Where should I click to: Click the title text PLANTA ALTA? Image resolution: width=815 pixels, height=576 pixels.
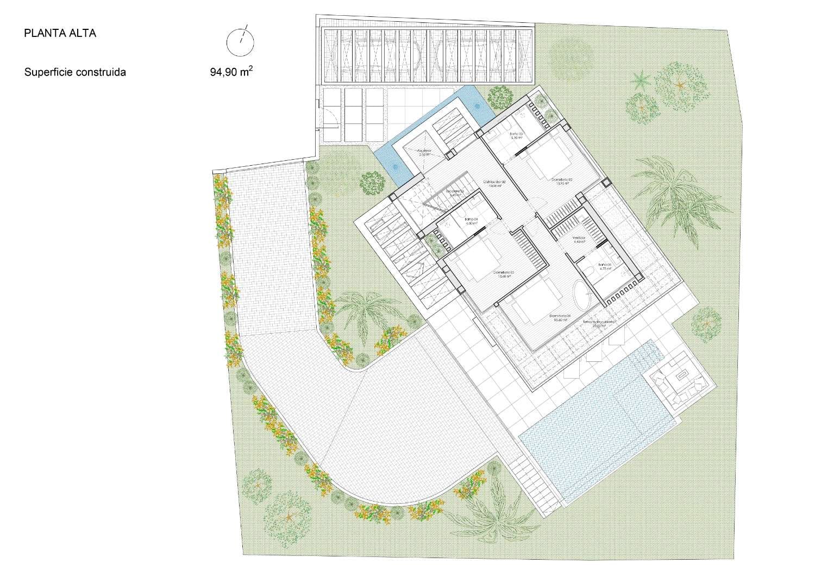pos(60,33)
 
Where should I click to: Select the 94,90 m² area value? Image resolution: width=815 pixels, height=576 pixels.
pos(231,72)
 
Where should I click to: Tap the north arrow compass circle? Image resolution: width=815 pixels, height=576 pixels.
pos(240,42)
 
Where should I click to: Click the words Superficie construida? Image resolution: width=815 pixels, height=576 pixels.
pos(75,72)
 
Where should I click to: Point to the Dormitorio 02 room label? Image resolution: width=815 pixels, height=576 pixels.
pos(562,180)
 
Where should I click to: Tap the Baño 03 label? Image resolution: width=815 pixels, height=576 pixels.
pos(516,135)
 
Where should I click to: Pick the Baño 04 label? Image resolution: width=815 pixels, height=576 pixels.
pos(471,221)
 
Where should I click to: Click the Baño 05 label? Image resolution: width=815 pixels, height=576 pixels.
pos(605,266)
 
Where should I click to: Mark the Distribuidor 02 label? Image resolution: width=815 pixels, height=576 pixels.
pos(495,183)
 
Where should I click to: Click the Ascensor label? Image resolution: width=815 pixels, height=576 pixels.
pos(424,152)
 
